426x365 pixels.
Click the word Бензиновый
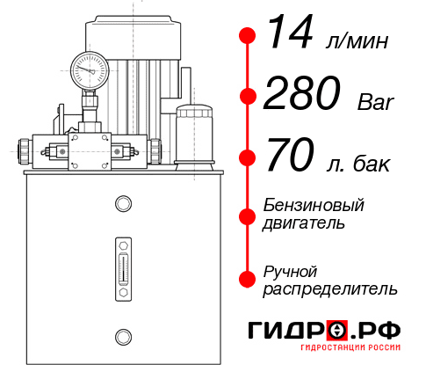[314, 206]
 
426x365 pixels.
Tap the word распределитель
[330, 288]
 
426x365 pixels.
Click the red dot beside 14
[247, 36]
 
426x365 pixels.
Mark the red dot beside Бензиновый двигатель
[247, 215]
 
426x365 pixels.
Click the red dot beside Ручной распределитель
[247, 278]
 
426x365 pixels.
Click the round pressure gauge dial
[90, 69]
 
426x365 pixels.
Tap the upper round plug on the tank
[122, 205]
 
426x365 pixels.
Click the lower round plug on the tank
[122, 335]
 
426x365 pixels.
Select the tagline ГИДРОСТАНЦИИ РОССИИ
[353, 353]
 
